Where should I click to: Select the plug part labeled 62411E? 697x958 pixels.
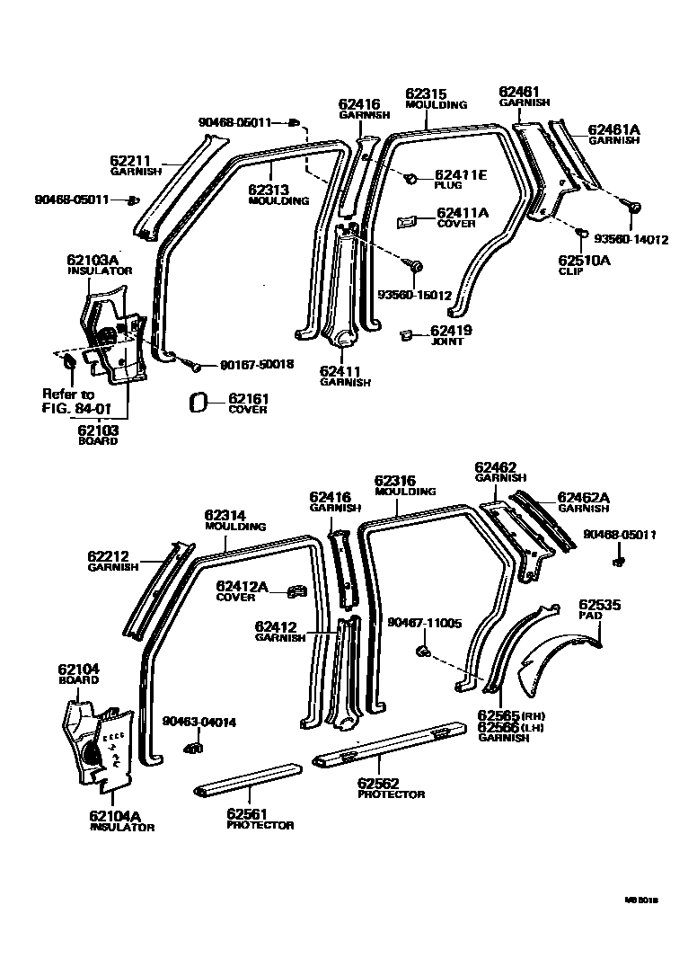tap(411, 178)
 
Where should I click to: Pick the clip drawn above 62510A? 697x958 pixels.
tap(582, 235)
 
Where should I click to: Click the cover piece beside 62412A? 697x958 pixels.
tap(292, 591)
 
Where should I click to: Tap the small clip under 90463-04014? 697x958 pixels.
tap(191, 747)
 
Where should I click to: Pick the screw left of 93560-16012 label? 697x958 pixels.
tap(416, 266)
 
